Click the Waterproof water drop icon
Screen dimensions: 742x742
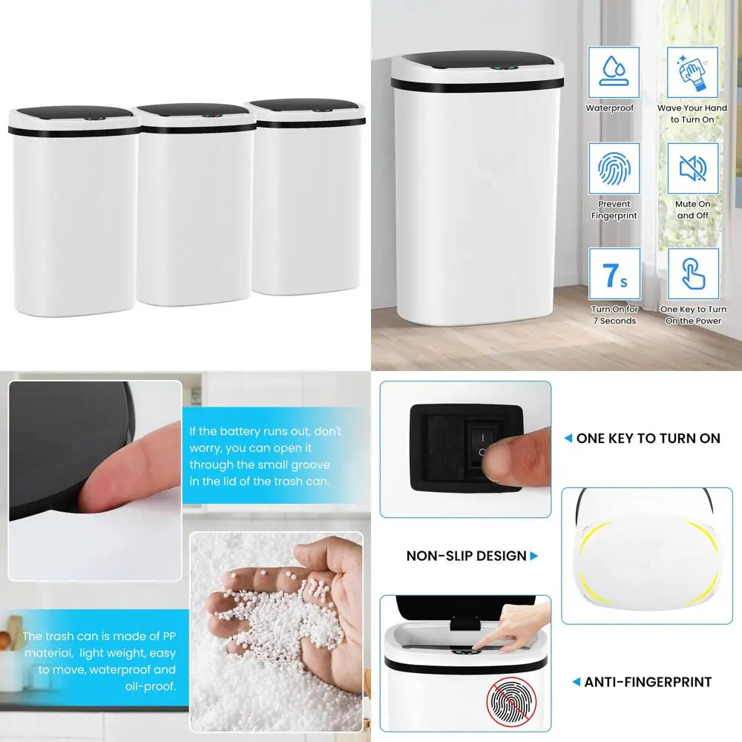pyautogui.click(x=613, y=72)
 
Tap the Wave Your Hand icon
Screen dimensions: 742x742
pyautogui.click(x=692, y=72)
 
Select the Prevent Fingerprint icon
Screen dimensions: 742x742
pyautogui.click(x=613, y=168)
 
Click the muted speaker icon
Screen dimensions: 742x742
pyautogui.click(x=692, y=168)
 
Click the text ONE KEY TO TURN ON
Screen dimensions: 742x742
pyautogui.click(x=647, y=439)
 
